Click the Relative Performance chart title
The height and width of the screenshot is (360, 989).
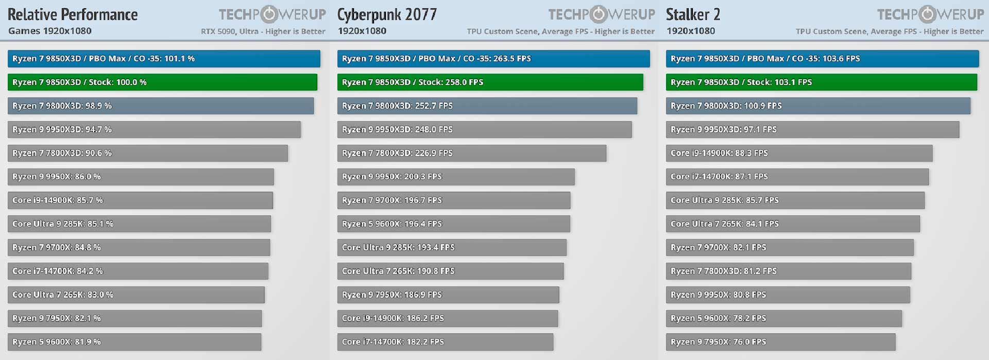pyautogui.click(x=73, y=14)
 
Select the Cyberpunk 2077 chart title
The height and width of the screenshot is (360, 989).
pyautogui.click(x=387, y=14)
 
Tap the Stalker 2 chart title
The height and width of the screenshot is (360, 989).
pyautogui.click(x=693, y=14)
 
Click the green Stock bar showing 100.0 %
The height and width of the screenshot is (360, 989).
pyautogui.click(x=162, y=82)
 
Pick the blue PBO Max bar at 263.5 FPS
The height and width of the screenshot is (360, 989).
pyautogui.click(x=493, y=59)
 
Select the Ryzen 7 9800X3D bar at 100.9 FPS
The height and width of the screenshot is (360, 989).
pyautogui.click(x=817, y=106)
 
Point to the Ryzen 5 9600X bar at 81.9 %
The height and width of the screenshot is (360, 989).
pyautogui.click(x=134, y=342)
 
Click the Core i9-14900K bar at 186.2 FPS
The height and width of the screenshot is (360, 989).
pyautogui.click(x=447, y=318)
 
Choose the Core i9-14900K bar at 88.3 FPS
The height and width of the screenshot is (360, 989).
pyautogui.click(x=798, y=153)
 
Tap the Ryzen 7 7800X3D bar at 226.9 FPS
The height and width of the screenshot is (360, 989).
pyautogui.click(x=471, y=153)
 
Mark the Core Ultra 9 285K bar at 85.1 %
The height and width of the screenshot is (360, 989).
pyautogui.click(x=139, y=224)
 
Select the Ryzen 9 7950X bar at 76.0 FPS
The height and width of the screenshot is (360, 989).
pyautogui.click(x=780, y=342)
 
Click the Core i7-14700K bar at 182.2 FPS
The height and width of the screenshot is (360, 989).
pyautogui.click(x=445, y=342)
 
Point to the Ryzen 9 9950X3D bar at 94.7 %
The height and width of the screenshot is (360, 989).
pyautogui.click(x=154, y=129)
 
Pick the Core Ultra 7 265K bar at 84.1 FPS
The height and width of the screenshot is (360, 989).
pyautogui.click(x=792, y=224)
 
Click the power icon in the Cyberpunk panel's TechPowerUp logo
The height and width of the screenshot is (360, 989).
pyautogui.click(x=599, y=14)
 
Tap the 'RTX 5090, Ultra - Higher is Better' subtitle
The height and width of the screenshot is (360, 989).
pyautogui.click(x=263, y=31)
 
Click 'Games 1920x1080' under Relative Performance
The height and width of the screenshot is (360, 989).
pyautogui.click(x=50, y=31)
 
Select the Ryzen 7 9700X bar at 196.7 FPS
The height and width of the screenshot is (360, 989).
pyautogui.click(x=453, y=200)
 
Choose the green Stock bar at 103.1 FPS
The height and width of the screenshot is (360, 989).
pyautogui.click(x=821, y=82)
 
